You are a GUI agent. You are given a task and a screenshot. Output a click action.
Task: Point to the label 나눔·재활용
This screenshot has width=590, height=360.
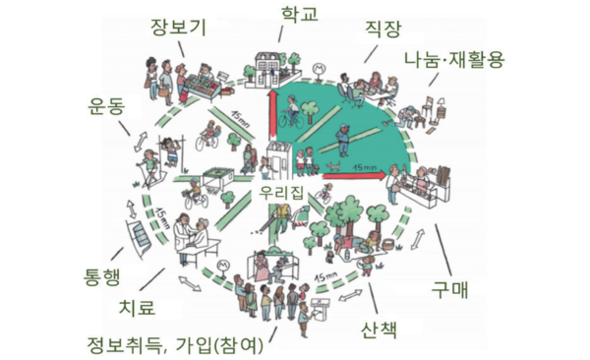[453, 58]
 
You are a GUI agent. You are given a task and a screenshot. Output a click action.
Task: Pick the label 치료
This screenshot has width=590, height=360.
[136, 308]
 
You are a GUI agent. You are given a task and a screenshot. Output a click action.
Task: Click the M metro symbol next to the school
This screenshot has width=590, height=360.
[318, 69]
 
